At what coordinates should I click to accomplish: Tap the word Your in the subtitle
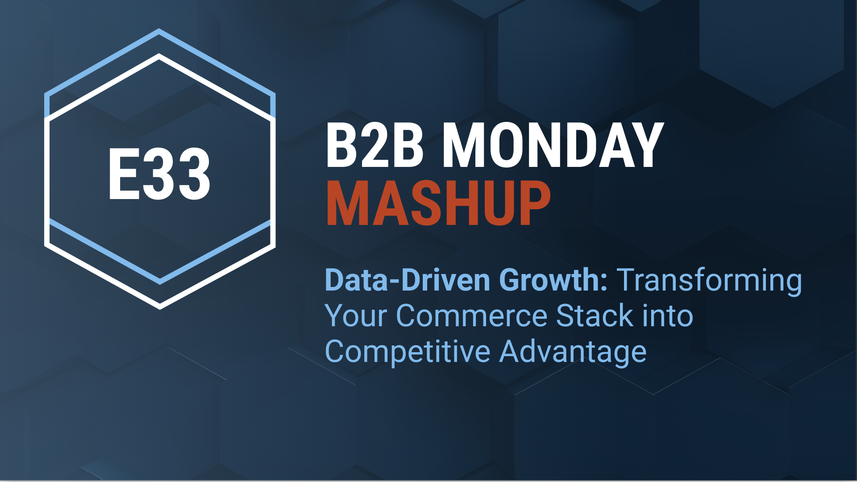click(356, 316)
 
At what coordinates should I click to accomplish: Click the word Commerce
click(471, 316)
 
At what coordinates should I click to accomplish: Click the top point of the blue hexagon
click(159, 30)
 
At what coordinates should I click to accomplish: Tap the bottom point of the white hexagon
click(160, 308)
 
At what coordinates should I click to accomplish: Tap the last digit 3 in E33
click(194, 174)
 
